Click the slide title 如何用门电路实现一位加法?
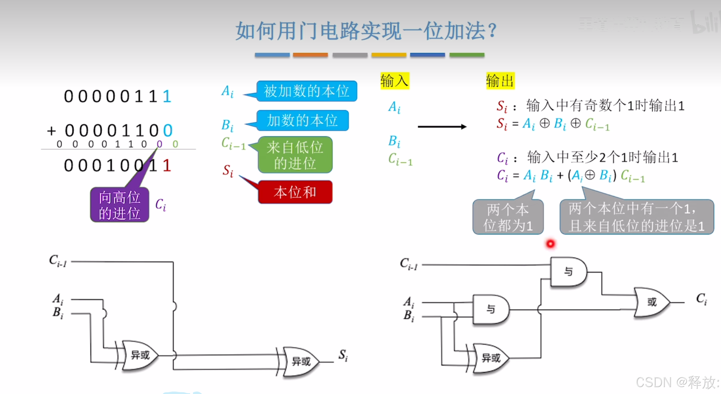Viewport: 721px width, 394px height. [x=366, y=31]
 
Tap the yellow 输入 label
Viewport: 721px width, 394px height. [x=394, y=81]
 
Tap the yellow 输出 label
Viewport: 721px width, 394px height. [x=500, y=81]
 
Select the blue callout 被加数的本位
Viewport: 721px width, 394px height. [x=306, y=91]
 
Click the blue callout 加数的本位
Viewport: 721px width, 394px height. [x=302, y=120]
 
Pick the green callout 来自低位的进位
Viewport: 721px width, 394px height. [x=295, y=155]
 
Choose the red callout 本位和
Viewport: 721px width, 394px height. [x=295, y=192]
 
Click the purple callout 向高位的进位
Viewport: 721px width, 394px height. [x=120, y=205]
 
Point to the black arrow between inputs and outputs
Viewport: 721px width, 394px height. [x=442, y=127]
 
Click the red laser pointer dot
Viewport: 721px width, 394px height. [x=550, y=243]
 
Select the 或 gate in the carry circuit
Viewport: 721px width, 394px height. [x=651, y=302]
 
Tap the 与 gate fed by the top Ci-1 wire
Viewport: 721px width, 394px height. [x=568, y=272]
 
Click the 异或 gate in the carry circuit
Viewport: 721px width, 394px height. [x=490, y=358]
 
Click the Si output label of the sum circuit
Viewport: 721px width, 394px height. [x=343, y=355]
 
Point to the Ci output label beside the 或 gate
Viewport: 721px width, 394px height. [x=701, y=299]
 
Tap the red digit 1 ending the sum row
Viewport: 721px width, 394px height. [x=167, y=166]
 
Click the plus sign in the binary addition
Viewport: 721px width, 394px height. [x=52, y=131]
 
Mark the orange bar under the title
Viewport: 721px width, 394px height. [x=310, y=55]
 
